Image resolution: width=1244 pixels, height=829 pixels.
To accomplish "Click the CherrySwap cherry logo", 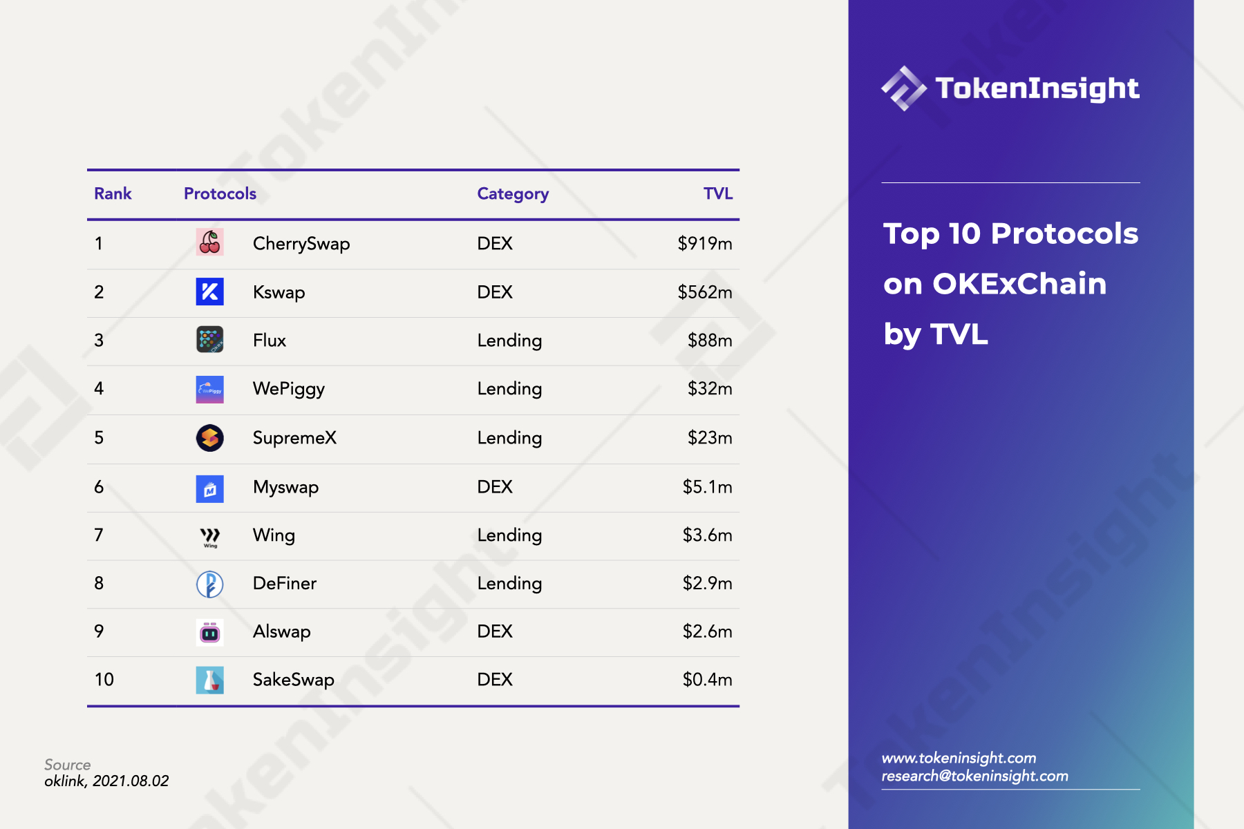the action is [209, 242].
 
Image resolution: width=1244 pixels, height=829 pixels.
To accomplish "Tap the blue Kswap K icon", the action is [209, 292].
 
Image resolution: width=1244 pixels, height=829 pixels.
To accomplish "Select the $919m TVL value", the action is [704, 243].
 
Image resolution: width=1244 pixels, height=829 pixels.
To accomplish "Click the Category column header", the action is [513, 194].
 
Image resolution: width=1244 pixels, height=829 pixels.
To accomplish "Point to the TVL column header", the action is [718, 193].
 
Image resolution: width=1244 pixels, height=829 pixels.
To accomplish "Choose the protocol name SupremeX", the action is [294, 438].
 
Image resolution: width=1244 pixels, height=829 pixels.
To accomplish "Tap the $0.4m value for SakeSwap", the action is [707, 680].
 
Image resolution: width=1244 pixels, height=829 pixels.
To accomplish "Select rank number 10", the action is [104, 680].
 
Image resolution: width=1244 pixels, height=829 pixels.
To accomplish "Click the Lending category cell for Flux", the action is [509, 341].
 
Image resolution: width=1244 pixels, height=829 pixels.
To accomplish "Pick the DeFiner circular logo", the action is [209, 584].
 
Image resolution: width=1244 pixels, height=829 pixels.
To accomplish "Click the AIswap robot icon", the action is [209, 632].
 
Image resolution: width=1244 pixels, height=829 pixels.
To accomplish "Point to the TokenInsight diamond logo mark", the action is [904, 88].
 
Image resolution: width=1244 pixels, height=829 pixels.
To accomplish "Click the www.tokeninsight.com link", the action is [959, 758].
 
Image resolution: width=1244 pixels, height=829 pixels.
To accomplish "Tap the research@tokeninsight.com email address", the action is [974, 776].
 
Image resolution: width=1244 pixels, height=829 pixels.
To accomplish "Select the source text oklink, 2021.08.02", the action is [106, 781].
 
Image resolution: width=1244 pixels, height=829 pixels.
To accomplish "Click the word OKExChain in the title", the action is [1019, 284].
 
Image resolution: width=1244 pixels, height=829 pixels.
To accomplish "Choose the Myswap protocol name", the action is [285, 488].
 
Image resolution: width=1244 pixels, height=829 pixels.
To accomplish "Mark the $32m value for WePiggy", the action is [710, 389].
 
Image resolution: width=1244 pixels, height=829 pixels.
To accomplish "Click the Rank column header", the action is [113, 193].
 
